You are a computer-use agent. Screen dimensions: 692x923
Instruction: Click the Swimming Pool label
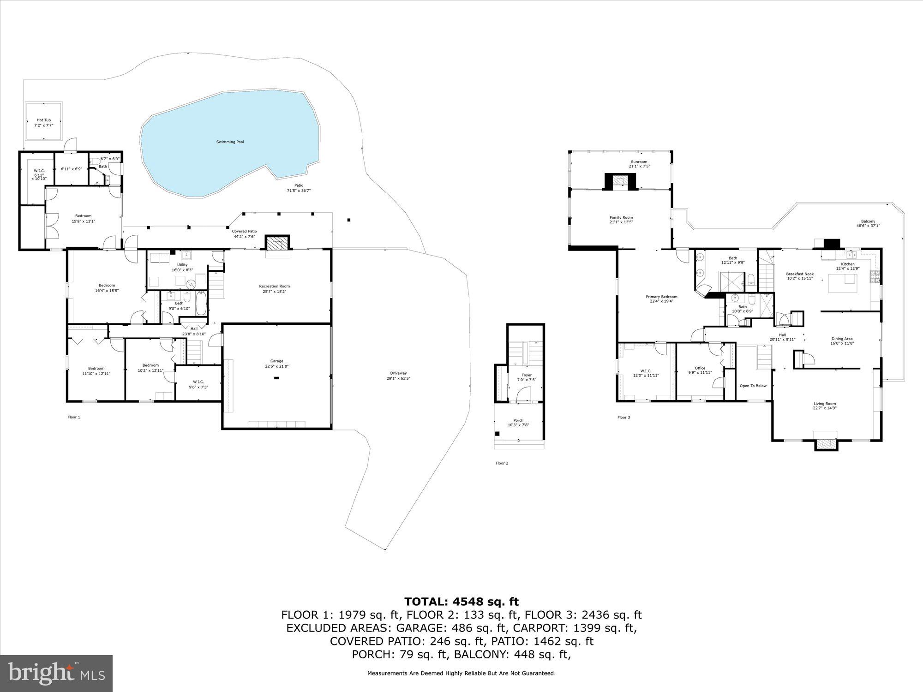click(x=230, y=142)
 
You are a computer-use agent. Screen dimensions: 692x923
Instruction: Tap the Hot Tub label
click(x=44, y=120)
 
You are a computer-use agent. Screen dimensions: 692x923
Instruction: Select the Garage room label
click(x=277, y=361)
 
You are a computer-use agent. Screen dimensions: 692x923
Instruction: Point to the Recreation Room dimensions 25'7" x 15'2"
click(x=275, y=292)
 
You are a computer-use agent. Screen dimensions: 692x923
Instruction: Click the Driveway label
click(x=398, y=373)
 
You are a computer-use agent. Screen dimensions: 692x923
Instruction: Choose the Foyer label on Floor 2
click(x=527, y=375)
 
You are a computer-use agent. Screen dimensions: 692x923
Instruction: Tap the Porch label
click(x=518, y=420)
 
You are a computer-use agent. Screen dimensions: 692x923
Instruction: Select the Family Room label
click(x=621, y=217)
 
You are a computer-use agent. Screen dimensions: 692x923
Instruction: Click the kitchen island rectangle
click(x=843, y=283)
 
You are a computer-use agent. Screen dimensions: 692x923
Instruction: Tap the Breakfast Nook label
click(x=800, y=274)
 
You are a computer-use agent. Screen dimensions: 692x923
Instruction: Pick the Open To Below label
click(x=753, y=386)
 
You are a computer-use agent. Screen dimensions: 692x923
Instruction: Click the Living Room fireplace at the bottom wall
click(x=825, y=443)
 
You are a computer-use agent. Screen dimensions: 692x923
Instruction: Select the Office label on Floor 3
click(x=700, y=368)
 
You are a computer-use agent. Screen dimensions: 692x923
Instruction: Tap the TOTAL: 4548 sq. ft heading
click(x=461, y=602)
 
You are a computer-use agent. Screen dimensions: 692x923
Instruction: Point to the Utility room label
click(x=182, y=265)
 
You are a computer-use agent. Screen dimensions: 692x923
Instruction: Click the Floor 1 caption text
click(x=74, y=417)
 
